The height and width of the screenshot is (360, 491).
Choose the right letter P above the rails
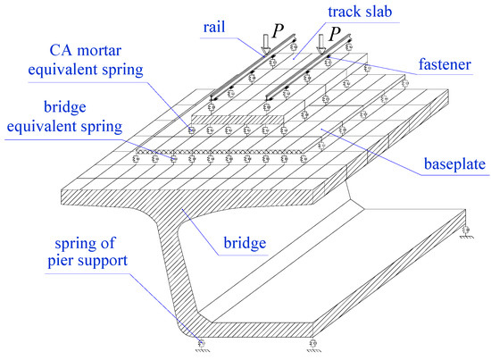tap(337, 33)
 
